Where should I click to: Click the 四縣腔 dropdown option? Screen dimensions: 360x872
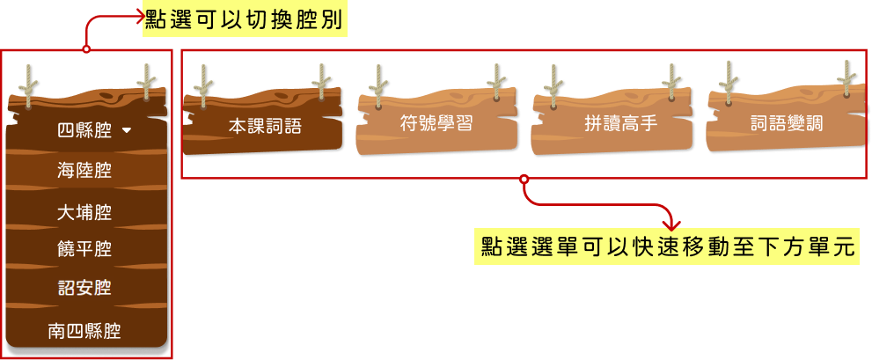point(84,131)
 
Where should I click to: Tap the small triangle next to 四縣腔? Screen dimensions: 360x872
point(127,131)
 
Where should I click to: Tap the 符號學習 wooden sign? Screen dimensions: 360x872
point(436,123)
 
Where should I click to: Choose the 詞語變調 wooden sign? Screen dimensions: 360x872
point(786,124)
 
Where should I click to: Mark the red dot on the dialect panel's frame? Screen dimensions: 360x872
point(86,49)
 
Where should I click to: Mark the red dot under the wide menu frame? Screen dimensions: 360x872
point(524,179)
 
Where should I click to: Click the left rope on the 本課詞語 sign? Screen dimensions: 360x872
point(203,84)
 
